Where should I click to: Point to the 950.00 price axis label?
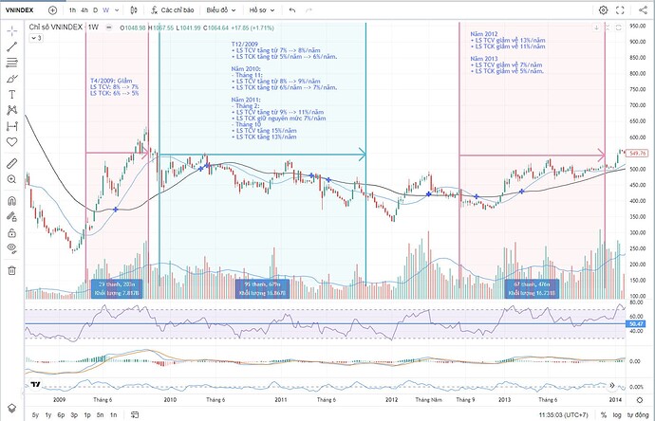tap(636, 27)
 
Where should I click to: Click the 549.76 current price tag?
tap(636, 153)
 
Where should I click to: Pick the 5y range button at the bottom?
tap(35, 415)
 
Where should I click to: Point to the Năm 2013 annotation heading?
tap(486, 59)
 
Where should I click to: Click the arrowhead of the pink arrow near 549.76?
tap(602, 154)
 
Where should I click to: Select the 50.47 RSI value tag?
tap(636, 324)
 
